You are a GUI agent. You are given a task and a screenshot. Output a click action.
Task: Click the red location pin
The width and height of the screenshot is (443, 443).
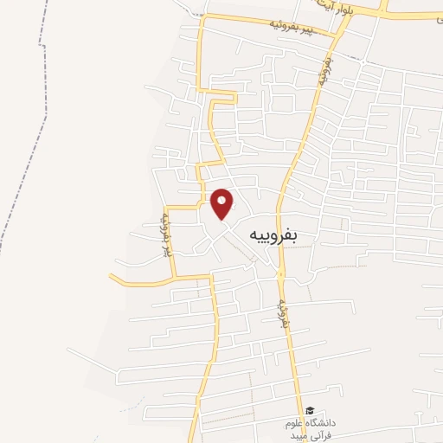221,203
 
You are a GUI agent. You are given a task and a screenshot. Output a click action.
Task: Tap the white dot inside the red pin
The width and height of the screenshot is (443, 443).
221,201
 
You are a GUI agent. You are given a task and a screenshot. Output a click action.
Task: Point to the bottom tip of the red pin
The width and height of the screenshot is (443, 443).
221,219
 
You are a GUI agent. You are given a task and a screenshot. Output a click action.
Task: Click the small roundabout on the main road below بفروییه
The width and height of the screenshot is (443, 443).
280,273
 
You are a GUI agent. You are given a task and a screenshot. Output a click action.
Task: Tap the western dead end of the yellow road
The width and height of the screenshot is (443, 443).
112,275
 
